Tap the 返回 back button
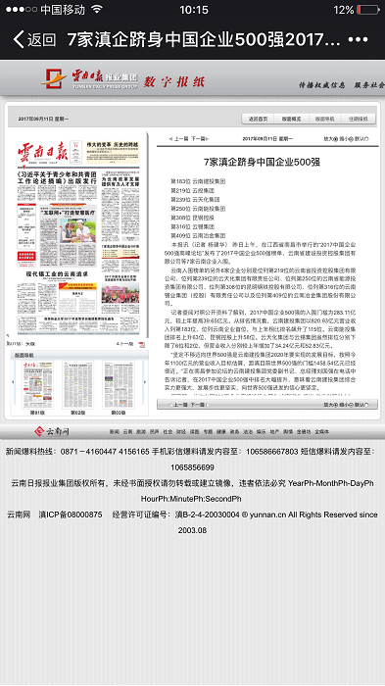33,40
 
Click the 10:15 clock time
192,11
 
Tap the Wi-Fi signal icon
97,11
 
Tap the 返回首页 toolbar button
259,119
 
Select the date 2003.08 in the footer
192,529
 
